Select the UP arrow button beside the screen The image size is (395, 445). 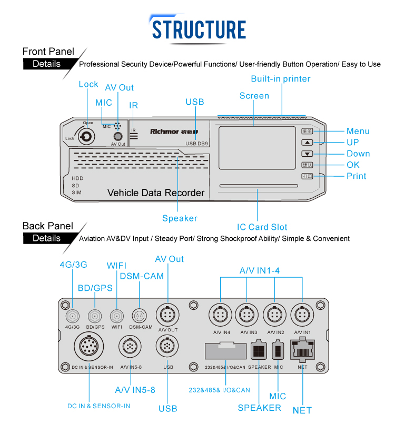tap(308, 143)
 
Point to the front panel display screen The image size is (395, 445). tap(256, 148)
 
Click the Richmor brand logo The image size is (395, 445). tap(164, 132)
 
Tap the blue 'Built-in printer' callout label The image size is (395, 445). tap(280, 79)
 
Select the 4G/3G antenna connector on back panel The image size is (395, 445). tap(72, 316)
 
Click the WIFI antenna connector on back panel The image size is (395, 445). tap(116, 316)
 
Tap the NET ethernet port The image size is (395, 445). tap(303, 349)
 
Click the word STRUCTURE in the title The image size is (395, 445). tap(199, 28)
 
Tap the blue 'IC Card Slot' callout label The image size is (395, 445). tap(262, 227)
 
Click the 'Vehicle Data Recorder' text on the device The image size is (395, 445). tap(156, 193)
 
